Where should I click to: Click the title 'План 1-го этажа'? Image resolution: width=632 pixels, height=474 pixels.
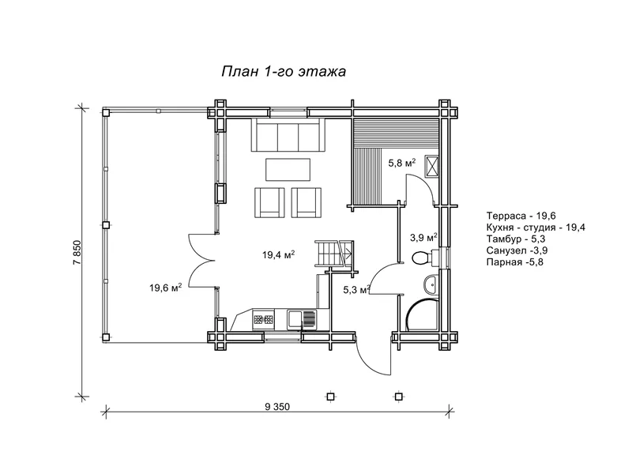tap(284, 72)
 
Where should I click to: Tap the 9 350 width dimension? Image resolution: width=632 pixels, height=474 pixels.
tap(277, 407)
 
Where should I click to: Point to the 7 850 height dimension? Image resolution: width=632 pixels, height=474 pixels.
tap(77, 252)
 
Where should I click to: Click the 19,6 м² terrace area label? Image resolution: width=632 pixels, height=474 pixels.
tap(166, 288)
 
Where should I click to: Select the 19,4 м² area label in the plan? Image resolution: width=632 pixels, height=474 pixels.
tap(279, 254)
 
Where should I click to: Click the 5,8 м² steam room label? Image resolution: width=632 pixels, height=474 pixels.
tap(402, 163)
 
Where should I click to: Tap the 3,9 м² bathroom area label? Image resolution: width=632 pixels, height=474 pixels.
tap(424, 238)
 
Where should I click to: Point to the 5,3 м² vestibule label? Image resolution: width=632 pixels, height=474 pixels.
tap(357, 289)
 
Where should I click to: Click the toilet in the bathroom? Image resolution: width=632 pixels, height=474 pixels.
tap(426, 258)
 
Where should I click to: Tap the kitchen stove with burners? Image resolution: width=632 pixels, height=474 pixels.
tap(263, 320)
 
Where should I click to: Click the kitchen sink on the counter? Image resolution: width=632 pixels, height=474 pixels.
tap(302, 320)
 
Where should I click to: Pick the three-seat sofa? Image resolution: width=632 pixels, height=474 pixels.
tap(288, 134)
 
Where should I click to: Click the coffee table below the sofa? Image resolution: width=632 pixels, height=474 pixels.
tap(288, 169)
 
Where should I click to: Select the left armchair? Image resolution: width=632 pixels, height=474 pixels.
tap(269, 202)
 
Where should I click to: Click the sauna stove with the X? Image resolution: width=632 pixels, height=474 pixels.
tap(432, 166)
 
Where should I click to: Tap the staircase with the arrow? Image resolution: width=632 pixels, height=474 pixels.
tap(334, 254)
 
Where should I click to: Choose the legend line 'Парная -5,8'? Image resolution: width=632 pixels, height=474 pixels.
tap(515, 262)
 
